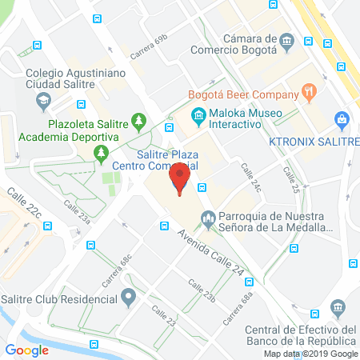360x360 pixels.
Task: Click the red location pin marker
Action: click(x=181, y=181)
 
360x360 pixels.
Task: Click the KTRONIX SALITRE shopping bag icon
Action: click(x=343, y=120)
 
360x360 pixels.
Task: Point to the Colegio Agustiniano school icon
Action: click(x=43, y=102)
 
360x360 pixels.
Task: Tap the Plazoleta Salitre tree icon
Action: click(x=139, y=121)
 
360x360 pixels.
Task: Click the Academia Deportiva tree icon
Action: click(x=101, y=150)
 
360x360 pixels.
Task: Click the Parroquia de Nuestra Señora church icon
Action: click(x=208, y=217)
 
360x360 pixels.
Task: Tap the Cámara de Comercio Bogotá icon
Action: click(x=286, y=40)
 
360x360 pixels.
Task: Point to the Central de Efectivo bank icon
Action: click(x=338, y=307)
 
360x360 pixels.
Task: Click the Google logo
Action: click(x=27, y=349)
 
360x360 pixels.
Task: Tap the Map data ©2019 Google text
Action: click(x=311, y=354)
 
